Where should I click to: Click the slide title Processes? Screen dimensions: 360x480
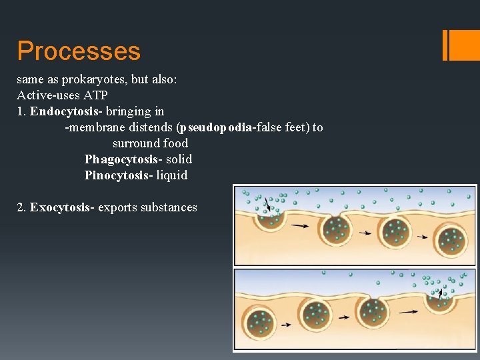[79, 51]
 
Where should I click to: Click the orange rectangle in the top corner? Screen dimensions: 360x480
[461, 45]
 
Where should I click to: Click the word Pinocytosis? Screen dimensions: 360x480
[117, 175]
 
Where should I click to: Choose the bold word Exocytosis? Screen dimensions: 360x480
[61, 207]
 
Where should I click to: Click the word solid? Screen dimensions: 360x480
[179, 159]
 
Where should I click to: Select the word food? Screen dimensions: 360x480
[176, 143]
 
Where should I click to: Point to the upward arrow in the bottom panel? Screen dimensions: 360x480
[439, 292]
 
